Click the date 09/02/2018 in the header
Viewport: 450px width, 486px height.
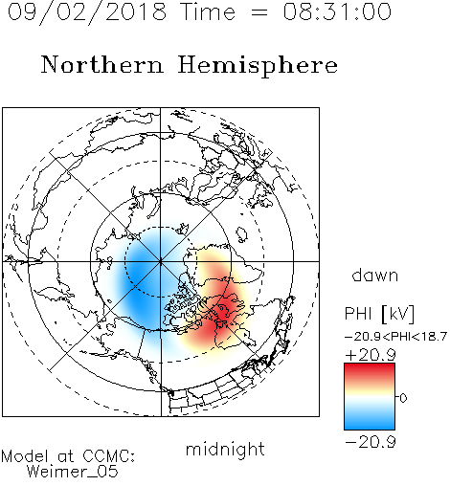[x=87, y=12]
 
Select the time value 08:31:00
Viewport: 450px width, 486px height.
[x=337, y=11]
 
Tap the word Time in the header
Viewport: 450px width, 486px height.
[x=208, y=11]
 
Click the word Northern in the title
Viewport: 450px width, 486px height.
[x=102, y=64]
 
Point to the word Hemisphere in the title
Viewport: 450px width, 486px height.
[x=258, y=66]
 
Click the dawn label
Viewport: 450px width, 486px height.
[x=375, y=275]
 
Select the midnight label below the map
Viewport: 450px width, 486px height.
[x=225, y=449]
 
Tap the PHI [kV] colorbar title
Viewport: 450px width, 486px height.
[x=379, y=314]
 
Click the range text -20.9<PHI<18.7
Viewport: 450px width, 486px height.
[x=395, y=337]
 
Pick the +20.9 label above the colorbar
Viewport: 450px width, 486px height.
[x=371, y=355]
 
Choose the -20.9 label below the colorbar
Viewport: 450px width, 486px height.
[x=371, y=442]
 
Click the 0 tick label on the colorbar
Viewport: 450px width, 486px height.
[x=403, y=398]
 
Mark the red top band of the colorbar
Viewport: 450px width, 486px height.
[x=370, y=370]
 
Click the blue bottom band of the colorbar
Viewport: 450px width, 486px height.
[x=370, y=421]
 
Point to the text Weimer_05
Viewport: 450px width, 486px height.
[x=73, y=472]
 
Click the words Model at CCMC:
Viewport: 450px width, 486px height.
[x=68, y=456]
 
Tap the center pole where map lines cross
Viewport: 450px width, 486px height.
[x=161, y=261]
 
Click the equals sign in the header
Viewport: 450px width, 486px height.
[x=259, y=12]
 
